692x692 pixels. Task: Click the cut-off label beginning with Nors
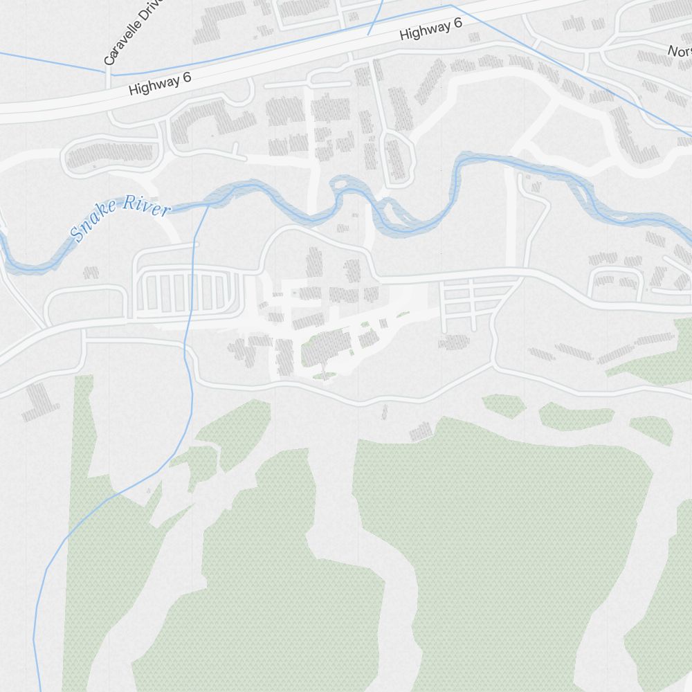click(678, 51)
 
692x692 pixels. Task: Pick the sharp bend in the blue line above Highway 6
click(450, 6)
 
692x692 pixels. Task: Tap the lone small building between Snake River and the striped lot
click(91, 273)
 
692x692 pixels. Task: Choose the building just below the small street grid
click(453, 342)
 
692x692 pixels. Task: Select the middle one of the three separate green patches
click(576, 417)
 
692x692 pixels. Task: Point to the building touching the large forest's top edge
click(421, 432)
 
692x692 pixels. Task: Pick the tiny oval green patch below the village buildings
click(325, 376)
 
